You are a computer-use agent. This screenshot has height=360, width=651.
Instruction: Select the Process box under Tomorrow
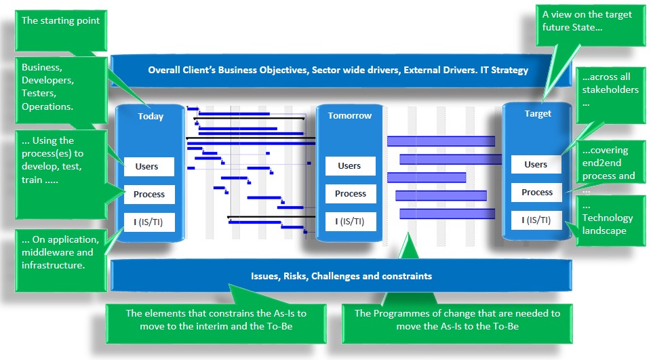350,194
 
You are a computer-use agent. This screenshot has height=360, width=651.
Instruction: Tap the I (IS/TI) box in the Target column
536,220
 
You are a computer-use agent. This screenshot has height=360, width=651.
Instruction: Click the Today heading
151,116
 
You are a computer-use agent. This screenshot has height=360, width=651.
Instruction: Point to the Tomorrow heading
350,115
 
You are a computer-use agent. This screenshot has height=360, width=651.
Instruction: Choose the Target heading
538,114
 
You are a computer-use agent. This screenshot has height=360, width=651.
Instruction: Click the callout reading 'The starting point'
60,27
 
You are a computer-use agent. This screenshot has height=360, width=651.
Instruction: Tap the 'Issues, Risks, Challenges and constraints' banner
338,276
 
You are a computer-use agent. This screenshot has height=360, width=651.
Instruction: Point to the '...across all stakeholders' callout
609,92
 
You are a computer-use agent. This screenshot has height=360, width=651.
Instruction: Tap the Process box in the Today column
149,195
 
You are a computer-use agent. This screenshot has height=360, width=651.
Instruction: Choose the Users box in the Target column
536,165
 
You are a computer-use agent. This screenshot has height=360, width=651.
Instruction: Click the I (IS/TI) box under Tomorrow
350,221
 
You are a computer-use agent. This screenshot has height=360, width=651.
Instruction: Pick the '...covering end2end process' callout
609,164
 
